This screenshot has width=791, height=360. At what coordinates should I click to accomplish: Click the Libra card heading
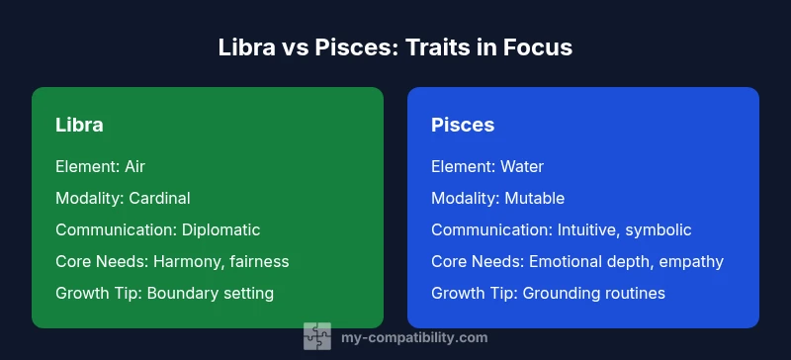click(x=79, y=126)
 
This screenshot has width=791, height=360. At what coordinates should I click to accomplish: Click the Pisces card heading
click(x=463, y=126)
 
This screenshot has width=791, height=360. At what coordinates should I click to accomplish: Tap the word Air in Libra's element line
click(x=135, y=166)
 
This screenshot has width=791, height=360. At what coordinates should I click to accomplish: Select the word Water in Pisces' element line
click(x=522, y=166)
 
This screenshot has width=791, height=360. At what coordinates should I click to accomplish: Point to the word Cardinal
click(x=158, y=198)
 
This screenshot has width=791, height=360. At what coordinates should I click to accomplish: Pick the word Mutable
click(x=534, y=198)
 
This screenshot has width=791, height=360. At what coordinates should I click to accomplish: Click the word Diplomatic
click(x=220, y=229)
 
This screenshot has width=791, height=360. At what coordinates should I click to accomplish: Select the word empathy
click(x=693, y=261)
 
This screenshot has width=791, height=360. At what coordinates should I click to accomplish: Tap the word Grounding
click(x=561, y=293)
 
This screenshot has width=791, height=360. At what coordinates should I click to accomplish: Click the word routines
click(x=633, y=293)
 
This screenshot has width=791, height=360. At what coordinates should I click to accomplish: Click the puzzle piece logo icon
click(x=316, y=337)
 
